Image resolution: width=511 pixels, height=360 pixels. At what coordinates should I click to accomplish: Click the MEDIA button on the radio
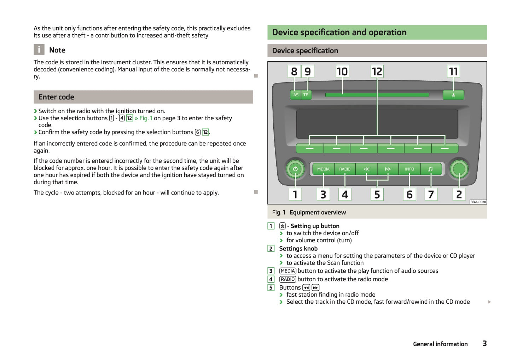[x=323, y=169]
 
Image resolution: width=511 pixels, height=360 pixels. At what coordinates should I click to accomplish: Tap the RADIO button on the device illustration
[x=345, y=169]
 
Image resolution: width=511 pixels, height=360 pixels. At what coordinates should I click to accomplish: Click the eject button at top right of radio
[x=453, y=95]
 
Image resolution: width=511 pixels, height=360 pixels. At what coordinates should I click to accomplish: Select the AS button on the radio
[x=296, y=95]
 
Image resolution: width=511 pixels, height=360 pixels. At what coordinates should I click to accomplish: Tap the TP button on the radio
[x=306, y=95]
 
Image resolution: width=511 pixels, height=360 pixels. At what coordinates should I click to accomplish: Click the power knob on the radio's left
[x=295, y=169]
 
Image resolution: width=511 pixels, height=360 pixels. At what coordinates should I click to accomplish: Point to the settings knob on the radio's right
[x=459, y=169]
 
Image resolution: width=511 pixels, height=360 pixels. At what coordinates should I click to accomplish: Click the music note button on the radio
[x=431, y=169]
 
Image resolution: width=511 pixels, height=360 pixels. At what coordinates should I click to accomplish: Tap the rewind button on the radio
[x=366, y=169]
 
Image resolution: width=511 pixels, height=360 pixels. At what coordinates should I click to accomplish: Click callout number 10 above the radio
[x=342, y=71]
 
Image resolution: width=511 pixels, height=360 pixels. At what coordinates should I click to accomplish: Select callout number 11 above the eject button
[x=453, y=71]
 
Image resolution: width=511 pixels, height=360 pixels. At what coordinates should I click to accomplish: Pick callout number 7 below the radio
[x=431, y=194]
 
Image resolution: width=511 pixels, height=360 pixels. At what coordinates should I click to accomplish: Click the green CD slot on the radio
[x=377, y=95]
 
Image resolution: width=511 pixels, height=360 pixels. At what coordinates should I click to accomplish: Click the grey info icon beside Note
[x=39, y=50]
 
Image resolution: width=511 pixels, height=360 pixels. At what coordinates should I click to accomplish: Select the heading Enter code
[x=56, y=97]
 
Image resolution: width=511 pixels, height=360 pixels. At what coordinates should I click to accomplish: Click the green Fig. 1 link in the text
[x=146, y=118]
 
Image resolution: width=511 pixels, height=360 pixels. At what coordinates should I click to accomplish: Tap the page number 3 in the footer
[x=484, y=343]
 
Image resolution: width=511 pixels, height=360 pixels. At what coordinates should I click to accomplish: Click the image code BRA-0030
[x=478, y=202]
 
